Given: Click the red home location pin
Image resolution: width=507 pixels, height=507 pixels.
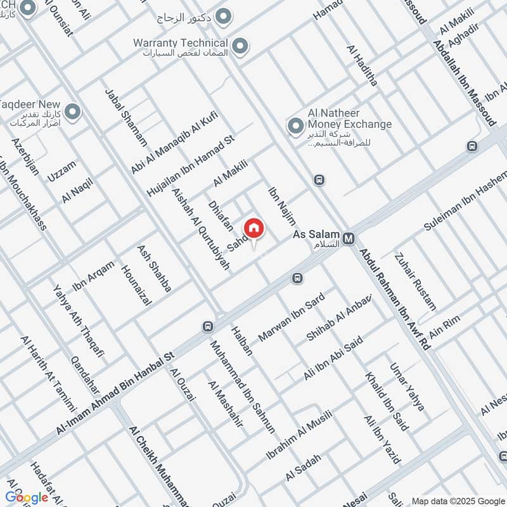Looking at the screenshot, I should tap(254, 228).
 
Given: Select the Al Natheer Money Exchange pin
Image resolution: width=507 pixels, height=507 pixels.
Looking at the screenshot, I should tap(295, 126).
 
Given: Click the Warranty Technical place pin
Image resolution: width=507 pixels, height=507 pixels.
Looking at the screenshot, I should tap(240, 46).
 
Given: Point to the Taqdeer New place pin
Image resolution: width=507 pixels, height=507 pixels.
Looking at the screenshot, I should tap(72, 113).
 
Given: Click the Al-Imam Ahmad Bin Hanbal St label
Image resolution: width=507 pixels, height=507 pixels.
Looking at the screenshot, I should tap(115, 394).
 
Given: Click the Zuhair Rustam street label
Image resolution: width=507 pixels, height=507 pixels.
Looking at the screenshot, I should tap(415, 281).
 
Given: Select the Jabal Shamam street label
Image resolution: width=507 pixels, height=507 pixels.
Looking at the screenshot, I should tap(126, 117).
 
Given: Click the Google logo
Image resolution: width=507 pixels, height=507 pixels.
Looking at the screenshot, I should tap(27, 497).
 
